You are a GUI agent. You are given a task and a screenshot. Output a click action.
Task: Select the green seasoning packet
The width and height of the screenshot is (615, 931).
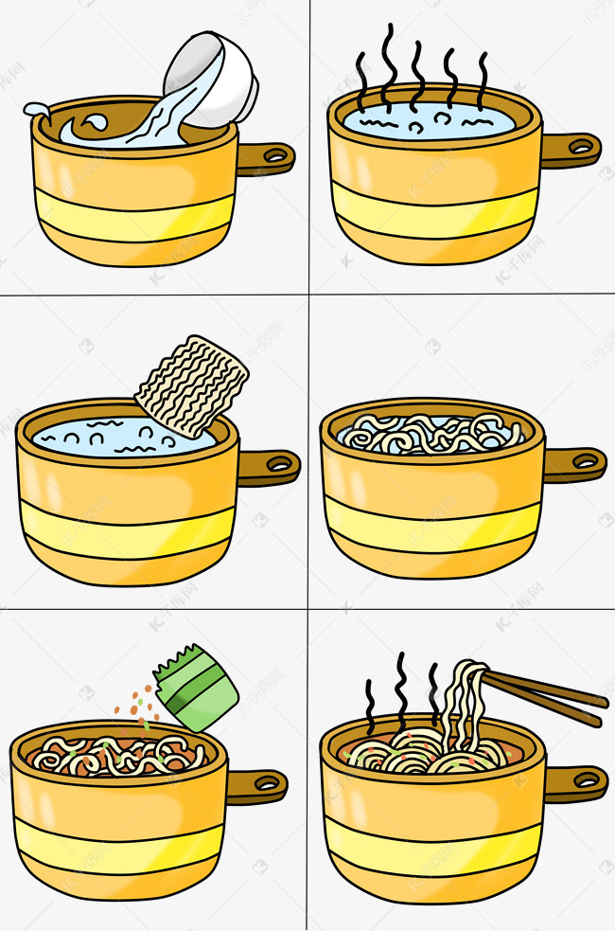pos(196,689)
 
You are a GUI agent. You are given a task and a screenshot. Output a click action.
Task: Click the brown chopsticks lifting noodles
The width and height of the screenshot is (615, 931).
pos(549,697)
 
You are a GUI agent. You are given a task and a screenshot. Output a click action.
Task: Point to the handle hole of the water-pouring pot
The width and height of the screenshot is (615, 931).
pos(275,155)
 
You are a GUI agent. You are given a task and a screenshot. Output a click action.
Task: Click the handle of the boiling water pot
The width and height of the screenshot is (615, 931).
pos(570,149)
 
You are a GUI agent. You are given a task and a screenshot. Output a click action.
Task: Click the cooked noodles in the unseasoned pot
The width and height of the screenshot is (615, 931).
pos(430,433)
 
